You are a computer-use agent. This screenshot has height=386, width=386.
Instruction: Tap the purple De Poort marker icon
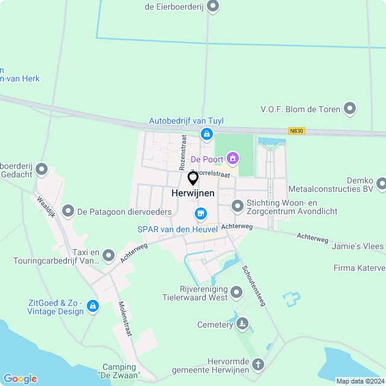[232, 159]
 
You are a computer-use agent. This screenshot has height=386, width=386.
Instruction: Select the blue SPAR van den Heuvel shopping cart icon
[200, 214]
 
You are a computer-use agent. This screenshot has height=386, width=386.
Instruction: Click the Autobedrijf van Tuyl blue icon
[207, 134]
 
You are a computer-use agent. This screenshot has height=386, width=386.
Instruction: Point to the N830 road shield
[296, 131]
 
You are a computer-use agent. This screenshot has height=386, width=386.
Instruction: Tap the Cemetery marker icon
[242, 324]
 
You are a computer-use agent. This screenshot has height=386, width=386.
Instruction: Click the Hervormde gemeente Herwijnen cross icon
[258, 364]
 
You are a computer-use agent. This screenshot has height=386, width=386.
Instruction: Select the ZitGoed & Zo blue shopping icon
[92, 306]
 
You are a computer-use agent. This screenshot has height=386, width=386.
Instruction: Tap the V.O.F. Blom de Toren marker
[350, 109]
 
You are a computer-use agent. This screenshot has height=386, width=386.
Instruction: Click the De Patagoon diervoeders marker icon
[68, 212]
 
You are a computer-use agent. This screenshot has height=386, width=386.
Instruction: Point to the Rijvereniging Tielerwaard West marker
[236, 293]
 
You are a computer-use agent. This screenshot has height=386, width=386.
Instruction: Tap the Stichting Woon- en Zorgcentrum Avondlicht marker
[238, 206]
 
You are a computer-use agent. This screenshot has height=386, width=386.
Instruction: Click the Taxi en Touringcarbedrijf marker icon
[109, 256]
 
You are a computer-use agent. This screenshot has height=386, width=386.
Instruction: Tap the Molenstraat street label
[125, 318]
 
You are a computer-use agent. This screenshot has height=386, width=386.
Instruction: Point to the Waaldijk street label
[48, 209]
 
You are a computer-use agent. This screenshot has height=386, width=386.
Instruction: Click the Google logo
[20, 379]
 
